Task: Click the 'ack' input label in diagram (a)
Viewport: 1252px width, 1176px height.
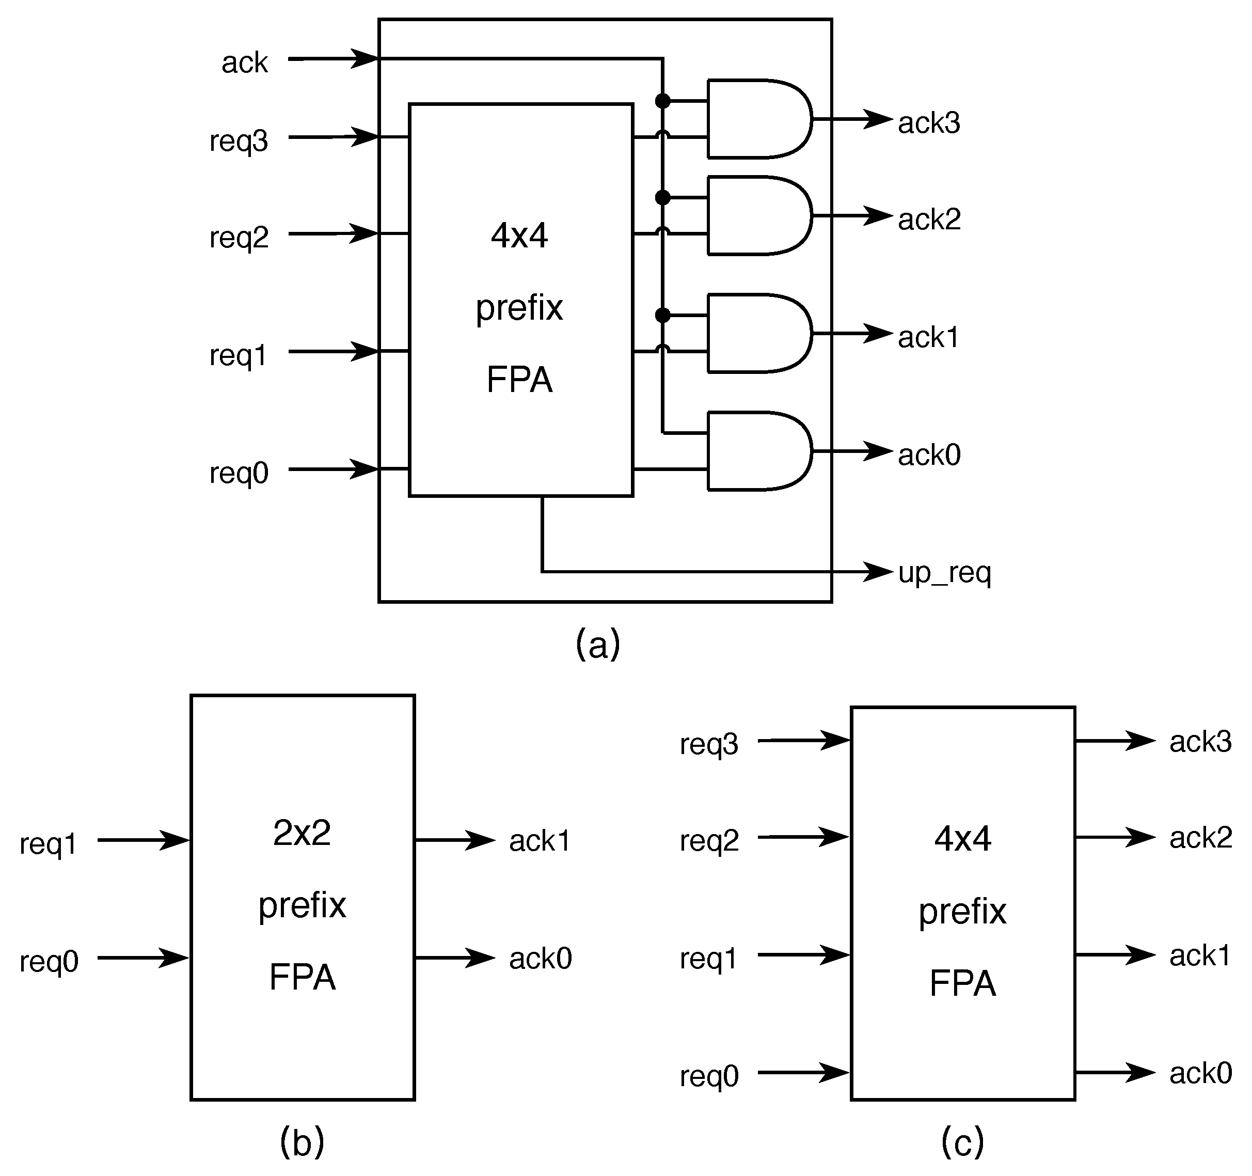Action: (244, 62)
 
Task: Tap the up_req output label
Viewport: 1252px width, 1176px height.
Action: (944, 573)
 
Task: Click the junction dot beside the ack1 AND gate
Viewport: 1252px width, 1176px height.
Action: (662, 315)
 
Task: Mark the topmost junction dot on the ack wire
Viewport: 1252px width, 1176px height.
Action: (662, 101)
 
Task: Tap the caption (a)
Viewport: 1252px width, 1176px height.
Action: (598, 644)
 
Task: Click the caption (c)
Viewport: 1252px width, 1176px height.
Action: (962, 1141)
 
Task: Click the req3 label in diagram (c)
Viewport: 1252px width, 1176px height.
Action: (708, 744)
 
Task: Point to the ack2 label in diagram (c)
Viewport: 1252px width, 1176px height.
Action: (1200, 838)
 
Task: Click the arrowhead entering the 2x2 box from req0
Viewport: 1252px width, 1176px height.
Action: (175, 958)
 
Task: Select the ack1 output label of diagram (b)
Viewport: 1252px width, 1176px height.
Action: (539, 841)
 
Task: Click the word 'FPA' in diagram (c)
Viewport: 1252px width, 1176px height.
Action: (962, 983)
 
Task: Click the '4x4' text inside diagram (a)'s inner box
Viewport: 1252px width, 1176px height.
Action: (519, 236)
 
